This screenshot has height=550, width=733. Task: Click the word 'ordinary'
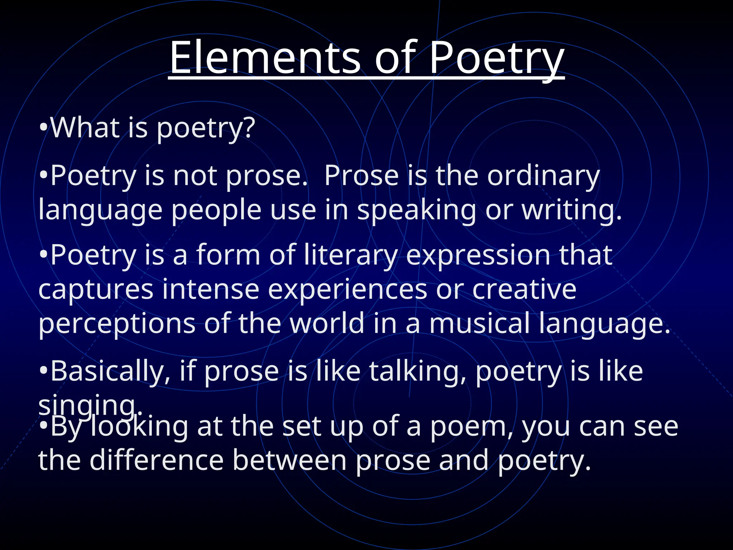point(543,176)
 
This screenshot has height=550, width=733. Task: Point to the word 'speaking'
point(417,211)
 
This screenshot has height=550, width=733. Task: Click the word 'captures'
point(96,289)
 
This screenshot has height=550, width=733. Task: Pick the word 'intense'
point(210,289)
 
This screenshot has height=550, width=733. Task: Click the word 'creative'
point(524,289)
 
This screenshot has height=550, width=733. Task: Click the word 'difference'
point(157,460)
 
